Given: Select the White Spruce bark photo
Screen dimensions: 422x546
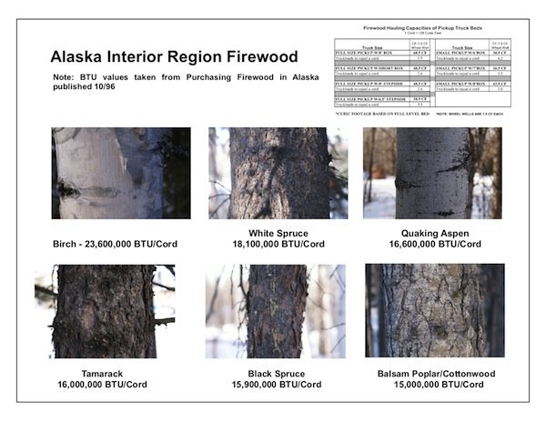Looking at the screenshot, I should coord(268,173).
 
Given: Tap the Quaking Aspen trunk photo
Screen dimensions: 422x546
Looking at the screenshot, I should coord(432,173).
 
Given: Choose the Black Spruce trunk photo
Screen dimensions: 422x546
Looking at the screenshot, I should coord(276,311).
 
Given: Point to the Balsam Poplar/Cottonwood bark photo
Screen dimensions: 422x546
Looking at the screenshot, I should coord(435,311).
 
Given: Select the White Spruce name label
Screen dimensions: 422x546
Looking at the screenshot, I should coord(268,235).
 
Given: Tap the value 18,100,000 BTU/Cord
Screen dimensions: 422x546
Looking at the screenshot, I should coord(268,245).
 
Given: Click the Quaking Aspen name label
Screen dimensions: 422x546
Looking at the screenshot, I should coord(433,235).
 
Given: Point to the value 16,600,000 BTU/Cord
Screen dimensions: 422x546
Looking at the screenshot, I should coord(433,245).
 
